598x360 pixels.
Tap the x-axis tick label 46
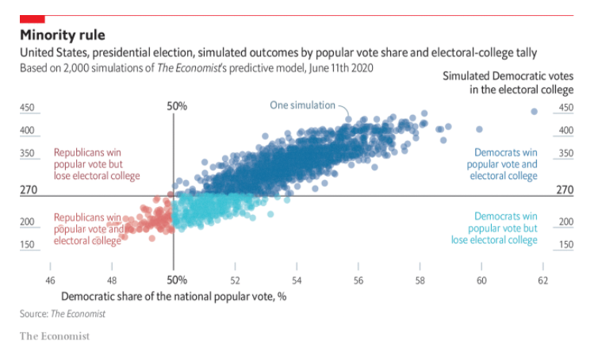(x=50, y=280)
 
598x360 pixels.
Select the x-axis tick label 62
(x=542, y=280)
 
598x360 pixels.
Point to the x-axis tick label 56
(x=358, y=280)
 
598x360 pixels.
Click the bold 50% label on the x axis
(x=177, y=280)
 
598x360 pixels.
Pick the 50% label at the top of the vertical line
(x=177, y=106)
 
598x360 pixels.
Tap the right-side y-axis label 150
(x=565, y=245)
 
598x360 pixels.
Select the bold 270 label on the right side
(x=564, y=190)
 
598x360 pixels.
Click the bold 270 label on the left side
(x=29, y=190)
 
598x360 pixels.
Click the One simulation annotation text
(x=303, y=105)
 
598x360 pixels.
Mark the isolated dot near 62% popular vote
(x=535, y=112)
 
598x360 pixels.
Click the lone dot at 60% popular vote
(x=479, y=129)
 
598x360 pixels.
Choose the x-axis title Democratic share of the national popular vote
(x=173, y=297)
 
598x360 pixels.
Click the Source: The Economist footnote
(x=62, y=314)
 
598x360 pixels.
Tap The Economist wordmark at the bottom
(x=55, y=336)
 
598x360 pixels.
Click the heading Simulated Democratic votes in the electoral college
(x=508, y=82)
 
